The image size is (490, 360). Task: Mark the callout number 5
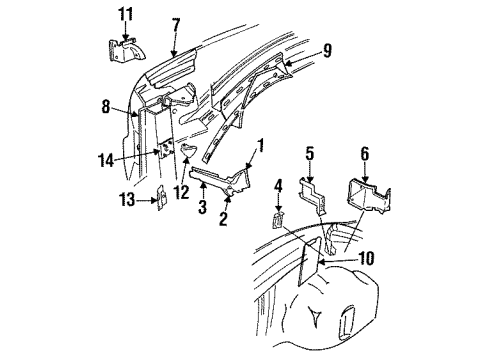point(309,155)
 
